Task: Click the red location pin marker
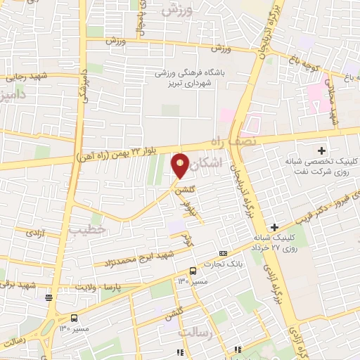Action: pos(181,167)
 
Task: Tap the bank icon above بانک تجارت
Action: pos(224,253)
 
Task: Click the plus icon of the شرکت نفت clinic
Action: pos(322,150)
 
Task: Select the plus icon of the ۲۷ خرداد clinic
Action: pos(274,226)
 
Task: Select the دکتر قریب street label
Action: pos(333,205)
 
